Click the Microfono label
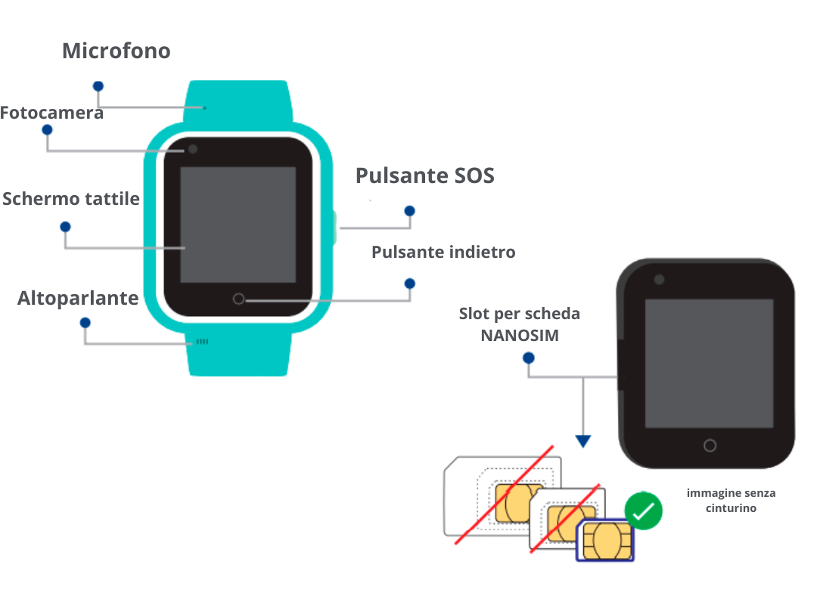116,51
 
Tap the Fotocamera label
51,113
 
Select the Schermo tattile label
71,199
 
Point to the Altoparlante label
78,298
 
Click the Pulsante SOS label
424,175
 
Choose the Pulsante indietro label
443,253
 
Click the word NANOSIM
520,336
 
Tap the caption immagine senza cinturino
731,500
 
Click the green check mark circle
644,510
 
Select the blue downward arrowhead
583,441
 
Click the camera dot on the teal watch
193,149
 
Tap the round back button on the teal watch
238,299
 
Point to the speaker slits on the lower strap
202,342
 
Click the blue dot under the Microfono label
98,86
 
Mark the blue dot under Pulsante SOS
409,211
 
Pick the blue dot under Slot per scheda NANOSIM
528,358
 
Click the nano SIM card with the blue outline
605,540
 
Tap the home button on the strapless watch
710,445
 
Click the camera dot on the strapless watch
659,280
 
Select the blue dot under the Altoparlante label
85,323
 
